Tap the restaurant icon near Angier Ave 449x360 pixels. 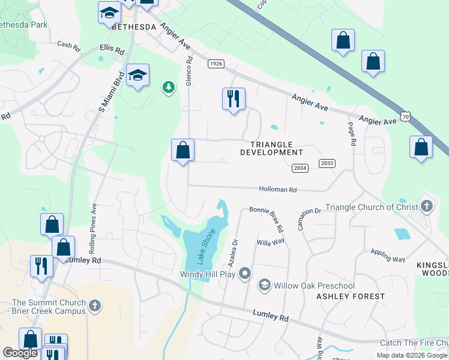234,98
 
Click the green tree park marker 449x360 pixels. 169,88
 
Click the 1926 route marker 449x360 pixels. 216,64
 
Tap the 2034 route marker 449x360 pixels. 300,168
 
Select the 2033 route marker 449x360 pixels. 327,163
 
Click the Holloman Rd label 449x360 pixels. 278,190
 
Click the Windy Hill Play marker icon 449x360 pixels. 244,274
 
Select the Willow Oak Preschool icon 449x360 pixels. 264,286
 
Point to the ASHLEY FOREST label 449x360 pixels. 351,296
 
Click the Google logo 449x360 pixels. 20,353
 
